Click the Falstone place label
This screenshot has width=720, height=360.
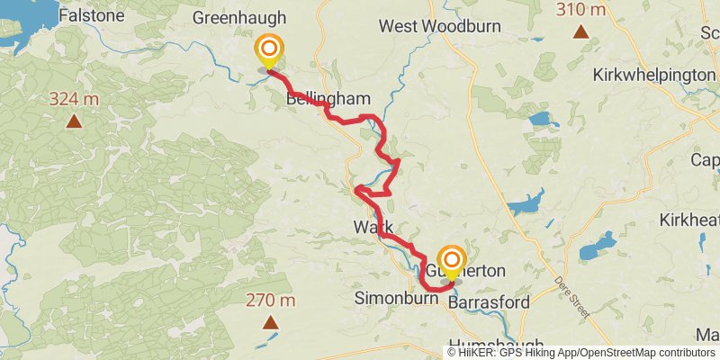(91, 15)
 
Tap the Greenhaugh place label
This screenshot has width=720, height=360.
(239, 17)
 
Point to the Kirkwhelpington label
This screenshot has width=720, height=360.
(653, 75)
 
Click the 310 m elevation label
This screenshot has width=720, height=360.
(580, 10)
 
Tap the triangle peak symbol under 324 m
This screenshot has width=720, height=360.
(73, 120)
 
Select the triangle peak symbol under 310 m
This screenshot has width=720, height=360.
(581, 33)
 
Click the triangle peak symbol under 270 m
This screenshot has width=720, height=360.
(269, 322)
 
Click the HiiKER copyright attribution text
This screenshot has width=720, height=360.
(580, 352)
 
